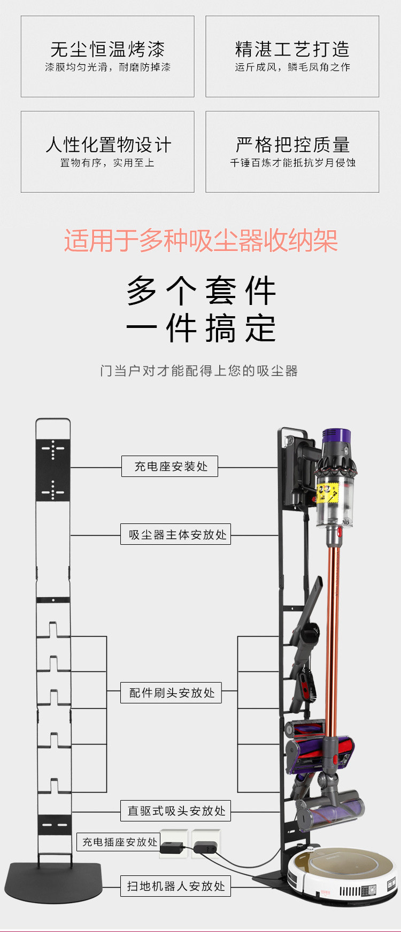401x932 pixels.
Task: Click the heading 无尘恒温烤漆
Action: click(107, 50)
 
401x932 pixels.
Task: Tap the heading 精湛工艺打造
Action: click(292, 50)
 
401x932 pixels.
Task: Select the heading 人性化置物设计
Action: click(107, 145)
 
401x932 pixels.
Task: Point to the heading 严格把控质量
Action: click(292, 145)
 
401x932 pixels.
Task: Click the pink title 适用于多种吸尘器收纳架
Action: click(200, 240)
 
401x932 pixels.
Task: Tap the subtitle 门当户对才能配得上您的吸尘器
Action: click(199, 371)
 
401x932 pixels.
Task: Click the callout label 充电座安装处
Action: click(170, 466)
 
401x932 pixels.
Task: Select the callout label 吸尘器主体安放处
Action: click(176, 534)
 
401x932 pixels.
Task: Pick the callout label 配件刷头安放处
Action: click(171, 693)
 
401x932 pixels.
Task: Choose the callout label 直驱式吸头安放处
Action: click(176, 811)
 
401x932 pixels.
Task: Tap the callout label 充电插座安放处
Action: click(119, 842)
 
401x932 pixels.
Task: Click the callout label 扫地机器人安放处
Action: click(176, 886)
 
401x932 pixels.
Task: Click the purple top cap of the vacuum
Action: click(336, 437)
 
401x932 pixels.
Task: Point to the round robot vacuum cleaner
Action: click(343, 872)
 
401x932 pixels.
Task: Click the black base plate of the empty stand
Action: click(53, 881)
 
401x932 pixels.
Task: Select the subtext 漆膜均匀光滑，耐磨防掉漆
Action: click(107, 67)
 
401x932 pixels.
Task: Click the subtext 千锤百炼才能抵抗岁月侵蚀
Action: click(292, 162)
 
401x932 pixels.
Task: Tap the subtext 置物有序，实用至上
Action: click(107, 162)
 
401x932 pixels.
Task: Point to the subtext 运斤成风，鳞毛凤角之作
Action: click(292, 67)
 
